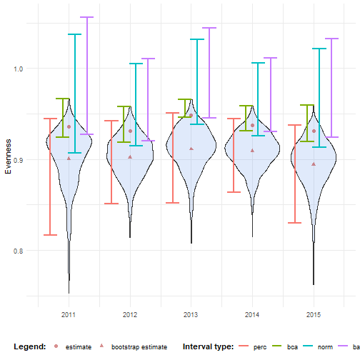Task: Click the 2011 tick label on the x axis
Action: coord(69,314)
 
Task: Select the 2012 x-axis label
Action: coord(130,314)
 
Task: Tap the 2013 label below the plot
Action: coord(191,314)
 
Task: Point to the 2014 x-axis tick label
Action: coord(252,314)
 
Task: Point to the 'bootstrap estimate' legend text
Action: coord(144,346)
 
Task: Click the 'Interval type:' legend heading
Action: coord(208,346)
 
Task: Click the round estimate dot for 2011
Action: coord(69,126)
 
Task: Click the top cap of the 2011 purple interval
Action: coord(86,17)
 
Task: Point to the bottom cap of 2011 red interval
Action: coord(51,234)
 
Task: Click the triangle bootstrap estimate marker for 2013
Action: coord(191,149)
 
